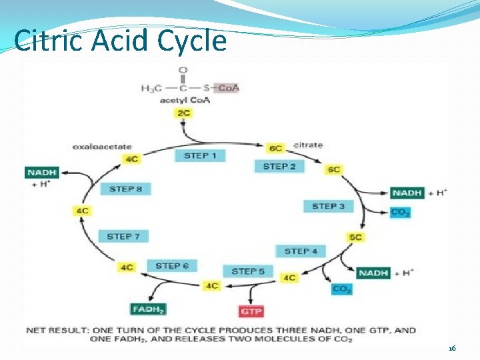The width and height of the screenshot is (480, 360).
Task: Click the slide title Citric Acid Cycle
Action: pyautogui.click(x=120, y=41)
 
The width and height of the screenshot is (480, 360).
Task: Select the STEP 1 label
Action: pyautogui.click(x=199, y=155)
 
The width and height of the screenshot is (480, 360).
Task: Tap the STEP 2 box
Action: pyautogui.click(x=279, y=166)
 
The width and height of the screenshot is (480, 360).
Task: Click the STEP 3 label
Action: pyautogui.click(x=328, y=206)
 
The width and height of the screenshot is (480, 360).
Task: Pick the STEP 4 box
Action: pyautogui.click(x=301, y=251)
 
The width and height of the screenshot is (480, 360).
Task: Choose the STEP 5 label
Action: pyautogui.click(x=248, y=271)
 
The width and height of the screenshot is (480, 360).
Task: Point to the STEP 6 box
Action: pyautogui.click(x=171, y=266)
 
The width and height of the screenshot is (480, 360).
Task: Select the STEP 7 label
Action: pyautogui.click(x=123, y=236)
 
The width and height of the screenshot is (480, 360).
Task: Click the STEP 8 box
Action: pyautogui.click(x=125, y=189)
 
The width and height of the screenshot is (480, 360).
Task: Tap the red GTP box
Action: pyautogui.click(x=251, y=311)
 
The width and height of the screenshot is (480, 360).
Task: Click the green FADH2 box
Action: pyautogui.click(x=148, y=309)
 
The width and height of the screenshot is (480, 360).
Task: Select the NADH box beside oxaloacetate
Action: pyautogui.click(x=41, y=173)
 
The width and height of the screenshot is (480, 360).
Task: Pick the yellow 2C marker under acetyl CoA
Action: pyautogui.click(x=183, y=113)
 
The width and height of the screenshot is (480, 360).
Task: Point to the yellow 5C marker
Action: pyautogui.click(x=355, y=237)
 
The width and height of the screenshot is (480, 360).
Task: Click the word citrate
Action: pyautogui.click(x=307, y=145)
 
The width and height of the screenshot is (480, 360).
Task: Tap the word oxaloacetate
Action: pyautogui.click(x=102, y=147)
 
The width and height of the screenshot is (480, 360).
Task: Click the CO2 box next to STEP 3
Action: pyautogui.click(x=401, y=213)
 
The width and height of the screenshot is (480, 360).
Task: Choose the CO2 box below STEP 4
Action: pyautogui.click(x=341, y=289)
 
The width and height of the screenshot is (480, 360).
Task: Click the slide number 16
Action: pyautogui.click(x=451, y=348)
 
